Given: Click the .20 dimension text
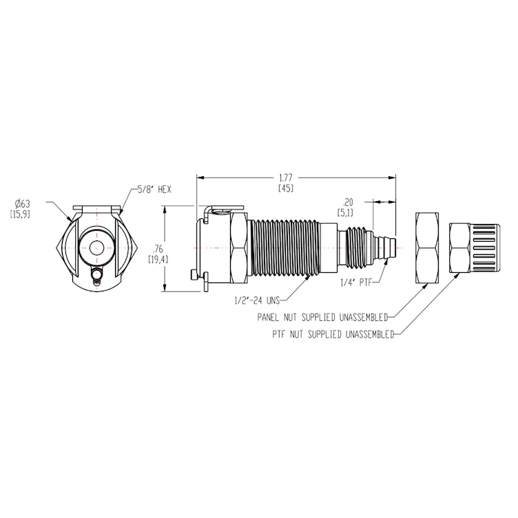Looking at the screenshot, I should click(x=347, y=203).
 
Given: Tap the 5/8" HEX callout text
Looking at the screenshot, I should click(x=154, y=189).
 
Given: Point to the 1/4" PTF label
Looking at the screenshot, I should click(x=356, y=282).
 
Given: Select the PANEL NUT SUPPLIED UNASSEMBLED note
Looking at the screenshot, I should click(x=322, y=318).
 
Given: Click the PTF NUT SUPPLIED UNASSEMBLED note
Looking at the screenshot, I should click(x=333, y=335).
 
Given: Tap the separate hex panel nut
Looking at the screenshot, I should click(x=430, y=247).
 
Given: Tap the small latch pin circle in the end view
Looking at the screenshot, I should click(x=96, y=277).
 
